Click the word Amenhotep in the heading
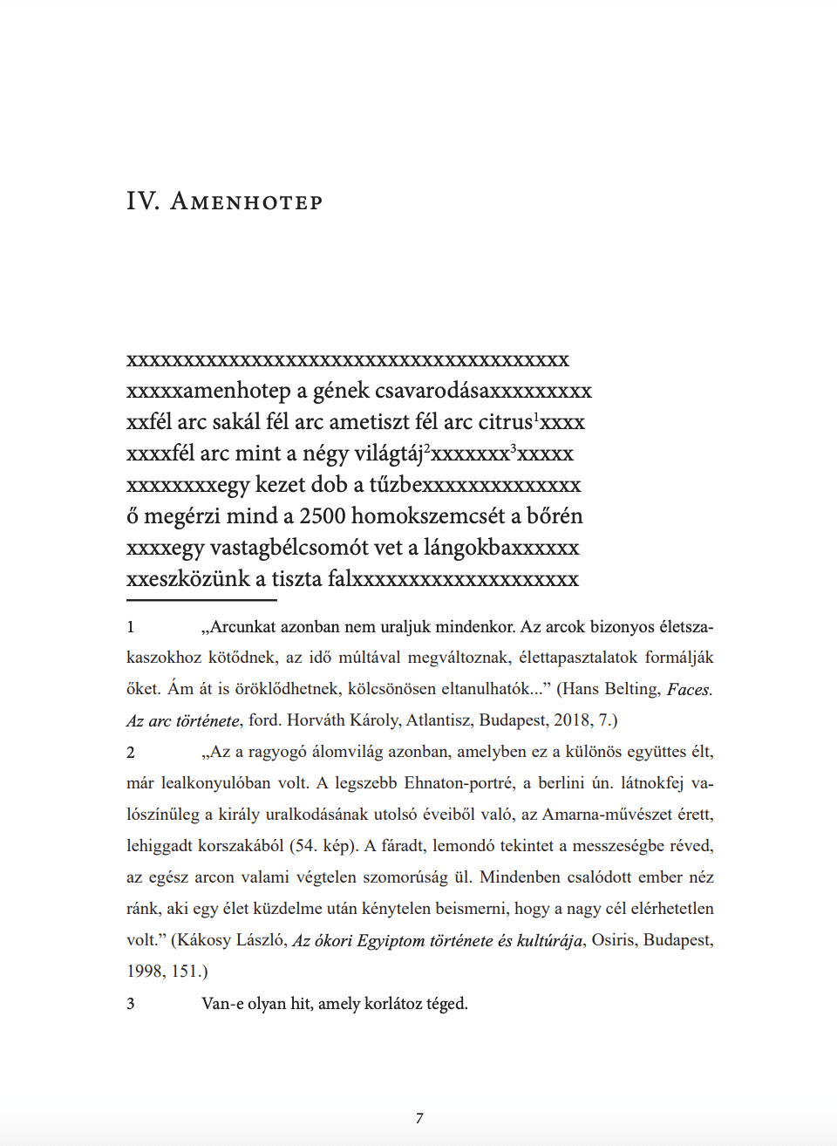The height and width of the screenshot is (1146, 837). (247, 202)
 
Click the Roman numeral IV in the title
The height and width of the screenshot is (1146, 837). (142, 201)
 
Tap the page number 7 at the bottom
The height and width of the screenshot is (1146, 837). (419, 1118)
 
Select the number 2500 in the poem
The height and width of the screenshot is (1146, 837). (323, 516)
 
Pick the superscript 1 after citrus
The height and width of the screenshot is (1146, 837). (536, 416)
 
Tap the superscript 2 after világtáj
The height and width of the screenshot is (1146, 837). (427, 447)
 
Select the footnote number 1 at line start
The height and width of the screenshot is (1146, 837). (131, 627)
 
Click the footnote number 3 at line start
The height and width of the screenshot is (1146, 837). (131, 1004)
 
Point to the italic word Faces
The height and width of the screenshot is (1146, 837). (690, 690)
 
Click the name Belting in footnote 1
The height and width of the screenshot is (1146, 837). (632, 689)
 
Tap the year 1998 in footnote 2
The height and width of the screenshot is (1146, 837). (144, 972)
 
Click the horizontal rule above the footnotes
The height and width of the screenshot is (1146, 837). (201, 600)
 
